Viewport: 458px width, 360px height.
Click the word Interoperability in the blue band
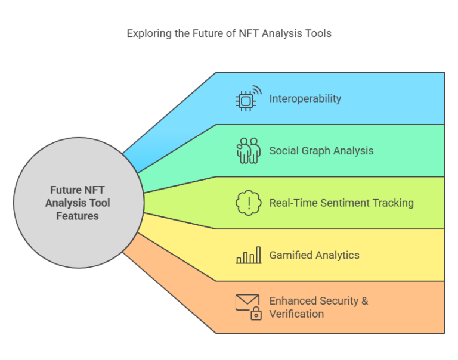coord(305,98)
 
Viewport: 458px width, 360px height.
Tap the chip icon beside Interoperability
coord(247,99)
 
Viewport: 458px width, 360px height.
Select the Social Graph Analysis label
coord(321,151)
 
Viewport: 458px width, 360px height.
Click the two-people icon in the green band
coord(248,151)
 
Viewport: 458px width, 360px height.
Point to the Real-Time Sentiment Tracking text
coord(341,203)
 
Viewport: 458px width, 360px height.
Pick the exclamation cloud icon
coord(248,203)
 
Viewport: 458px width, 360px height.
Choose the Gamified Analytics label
coord(314,255)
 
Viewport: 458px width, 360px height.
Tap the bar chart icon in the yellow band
coord(248,255)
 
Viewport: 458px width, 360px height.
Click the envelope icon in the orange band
coord(246,303)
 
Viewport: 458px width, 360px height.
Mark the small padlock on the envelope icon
coord(256,314)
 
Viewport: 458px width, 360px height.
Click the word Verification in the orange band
coord(296,314)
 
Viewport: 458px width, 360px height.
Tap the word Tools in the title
coord(318,33)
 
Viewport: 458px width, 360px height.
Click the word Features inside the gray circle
coord(78,216)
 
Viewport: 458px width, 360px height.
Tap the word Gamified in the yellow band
coord(290,255)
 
